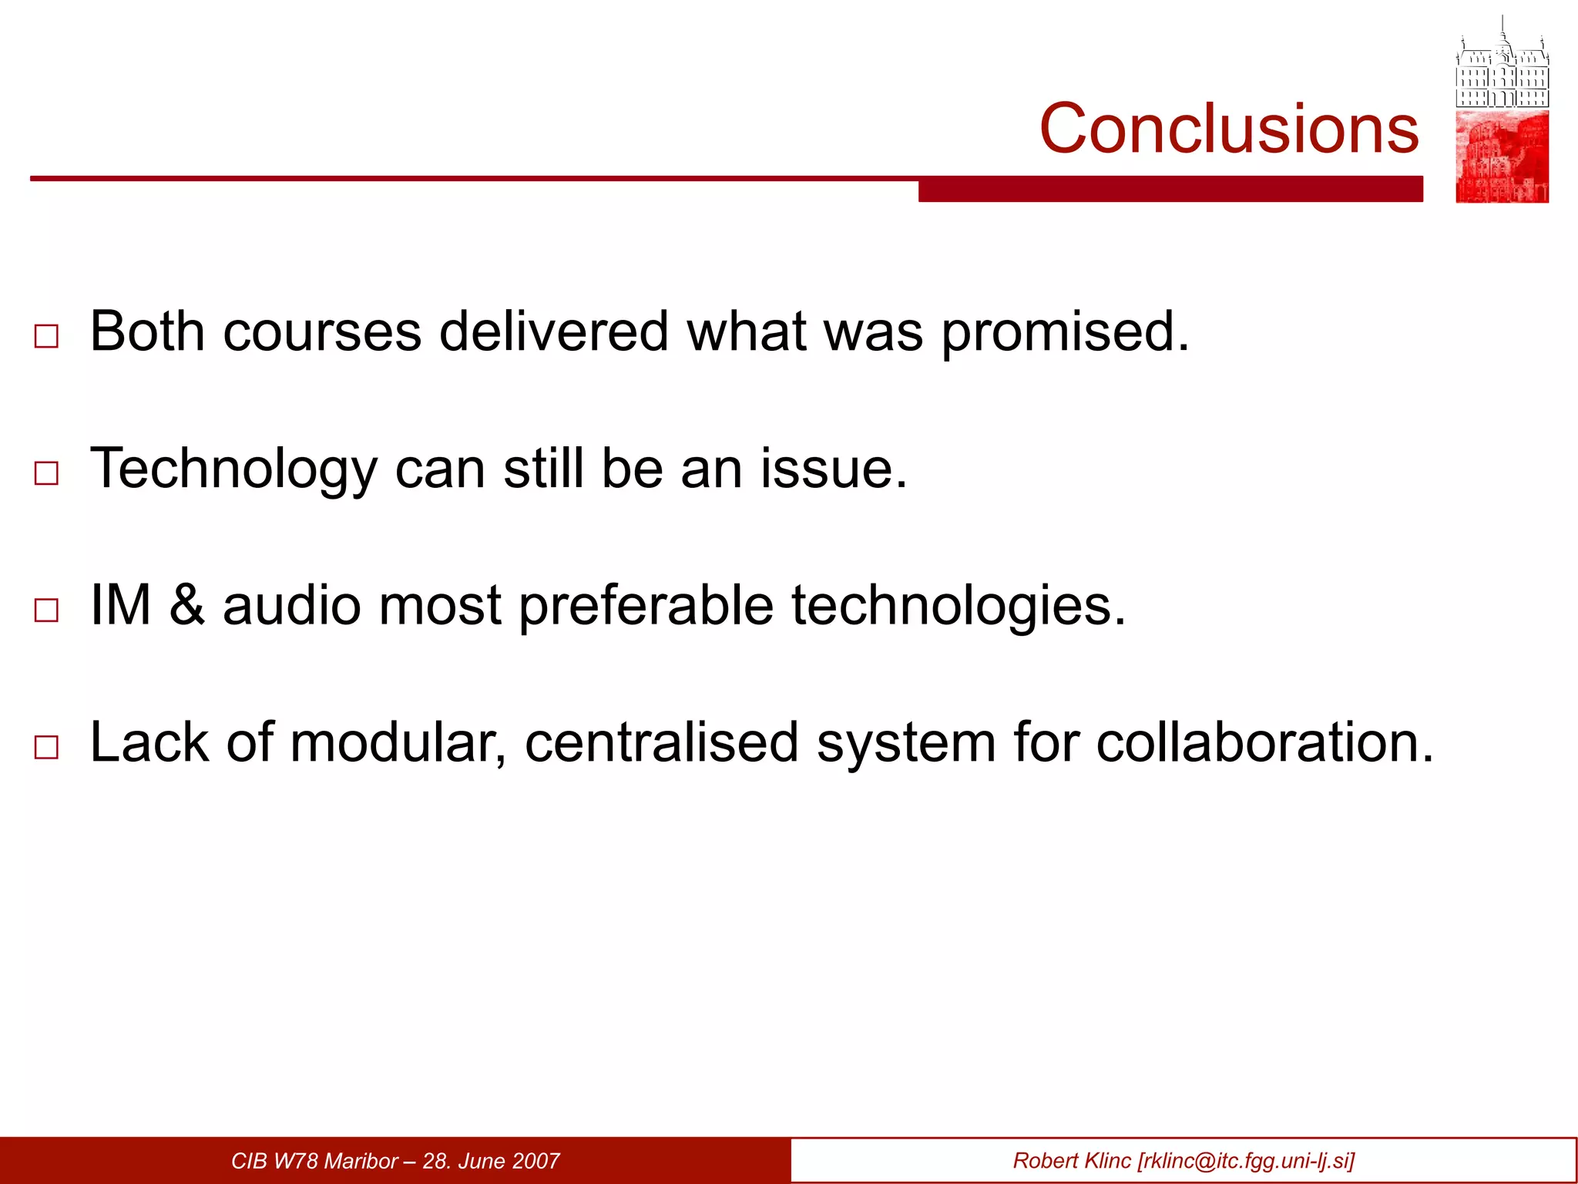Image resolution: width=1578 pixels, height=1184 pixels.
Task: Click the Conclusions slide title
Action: pyautogui.click(x=1228, y=128)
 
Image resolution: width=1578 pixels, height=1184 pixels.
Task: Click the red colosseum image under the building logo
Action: pyautogui.click(x=1502, y=156)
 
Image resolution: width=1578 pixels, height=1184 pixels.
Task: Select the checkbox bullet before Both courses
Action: pyautogui.click(x=47, y=336)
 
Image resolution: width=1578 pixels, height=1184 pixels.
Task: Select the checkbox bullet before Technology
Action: pyautogui.click(x=47, y=473)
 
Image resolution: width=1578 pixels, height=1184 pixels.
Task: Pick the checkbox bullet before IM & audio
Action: pyautogui.click(x=47, y=610)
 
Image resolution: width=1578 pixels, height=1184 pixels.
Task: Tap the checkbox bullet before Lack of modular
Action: pyautogui.click(x=47, y=747)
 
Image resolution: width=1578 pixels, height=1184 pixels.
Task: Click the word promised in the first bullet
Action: pyautogui.click(x=1065, y=333)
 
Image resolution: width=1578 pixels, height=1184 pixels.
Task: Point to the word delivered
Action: pyautogui.click(x=553, y=331)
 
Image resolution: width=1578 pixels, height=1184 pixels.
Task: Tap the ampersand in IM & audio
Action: pyautogui.click(x=187, y=605)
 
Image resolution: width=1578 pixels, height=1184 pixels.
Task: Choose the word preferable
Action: pyautogui.click(x=646, y=607)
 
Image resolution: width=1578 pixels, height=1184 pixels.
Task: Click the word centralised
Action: pyautogui.click(x=661, y=742)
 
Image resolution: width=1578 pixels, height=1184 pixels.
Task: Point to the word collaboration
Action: pyautogui.click(x=1264, y=742)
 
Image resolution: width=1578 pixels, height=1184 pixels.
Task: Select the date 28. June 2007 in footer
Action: pyautogui.click(x=491, y=1161)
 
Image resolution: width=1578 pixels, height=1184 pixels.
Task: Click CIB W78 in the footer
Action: pyautogui.click(x=275, y=1161)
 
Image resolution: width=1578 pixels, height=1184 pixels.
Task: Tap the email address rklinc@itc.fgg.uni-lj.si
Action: pyautogui.click(x=1245, y=1161)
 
